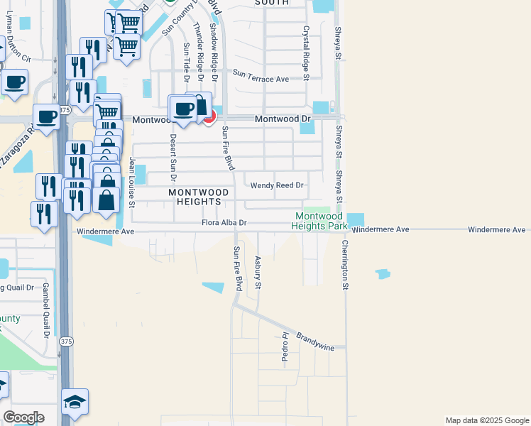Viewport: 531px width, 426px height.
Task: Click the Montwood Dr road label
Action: pyautogui.click(x=283, y=119)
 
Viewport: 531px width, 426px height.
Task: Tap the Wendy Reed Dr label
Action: pyautogui.click(x=277, y=185)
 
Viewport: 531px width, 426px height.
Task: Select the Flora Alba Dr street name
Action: pyautogui.click(x=224, y=223)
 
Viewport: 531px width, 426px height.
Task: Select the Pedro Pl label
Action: pyautogui.click(x=285, y=348)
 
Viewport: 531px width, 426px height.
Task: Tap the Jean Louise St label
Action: pyautogui.click(x=132, y=182)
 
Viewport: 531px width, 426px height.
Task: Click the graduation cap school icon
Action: pyautogui.click(x=75, y=403)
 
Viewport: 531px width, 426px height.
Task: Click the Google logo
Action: pyautogui.click(x=23, y=417)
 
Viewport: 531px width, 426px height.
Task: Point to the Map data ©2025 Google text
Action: pyautogui.click(x=486, y=420)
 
